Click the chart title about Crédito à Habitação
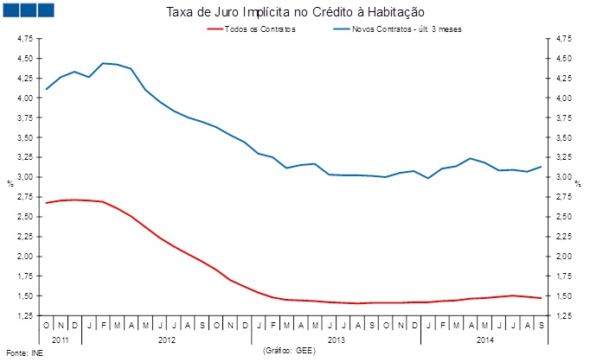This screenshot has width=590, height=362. click(294, 12)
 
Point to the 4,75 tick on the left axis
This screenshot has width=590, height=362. click(25, 39)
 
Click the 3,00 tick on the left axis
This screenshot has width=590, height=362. click(25, 177)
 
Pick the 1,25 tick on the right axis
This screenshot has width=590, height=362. click(563, 316)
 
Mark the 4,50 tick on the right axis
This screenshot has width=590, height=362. click(563, 59)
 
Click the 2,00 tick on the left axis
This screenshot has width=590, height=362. click(25, 257)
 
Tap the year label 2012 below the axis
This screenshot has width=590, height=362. click(167, 340)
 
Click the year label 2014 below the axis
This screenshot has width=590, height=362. click(487, 340)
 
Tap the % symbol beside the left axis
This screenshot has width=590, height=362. click(10, 183)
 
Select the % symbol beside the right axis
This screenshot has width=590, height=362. click(578, 183)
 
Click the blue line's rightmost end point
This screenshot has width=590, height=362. click(542, 167)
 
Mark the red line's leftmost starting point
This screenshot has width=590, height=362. click(47, 203)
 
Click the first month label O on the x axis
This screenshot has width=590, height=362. click(47, 327)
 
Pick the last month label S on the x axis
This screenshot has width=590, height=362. click(541, 327)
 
